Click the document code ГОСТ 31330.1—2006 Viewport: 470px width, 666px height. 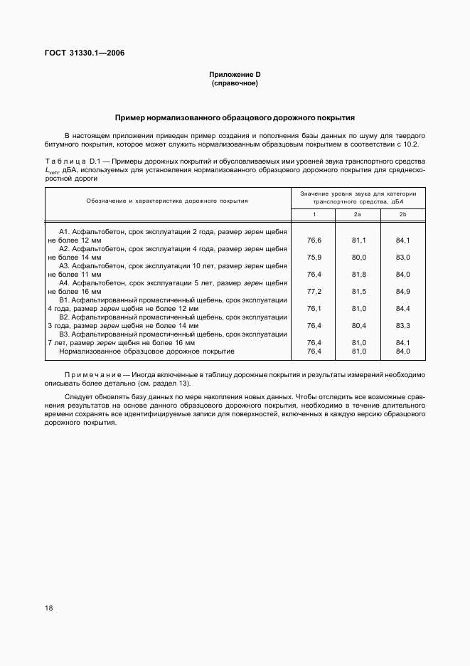(x=85, y=53)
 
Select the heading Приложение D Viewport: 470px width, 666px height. (x=235, y=75)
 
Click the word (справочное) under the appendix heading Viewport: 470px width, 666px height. (x=235, y=83)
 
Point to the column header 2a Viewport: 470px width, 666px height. (x=358, y=214)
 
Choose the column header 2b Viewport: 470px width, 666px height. (x=402, y=214)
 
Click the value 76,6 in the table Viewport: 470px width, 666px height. (x=314, y=240)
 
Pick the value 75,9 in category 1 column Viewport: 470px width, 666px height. (x=314, y=257)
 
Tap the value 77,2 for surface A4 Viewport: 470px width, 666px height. (x=314, y=291)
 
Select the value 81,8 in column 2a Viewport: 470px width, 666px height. (x=358, y=274)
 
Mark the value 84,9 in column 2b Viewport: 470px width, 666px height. (x=403, y=291)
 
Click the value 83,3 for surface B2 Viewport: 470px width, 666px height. (x=403, y=325)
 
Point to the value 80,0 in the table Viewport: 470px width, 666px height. (x=358, y=257)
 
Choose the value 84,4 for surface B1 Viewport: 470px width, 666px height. (x=403, y=308)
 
